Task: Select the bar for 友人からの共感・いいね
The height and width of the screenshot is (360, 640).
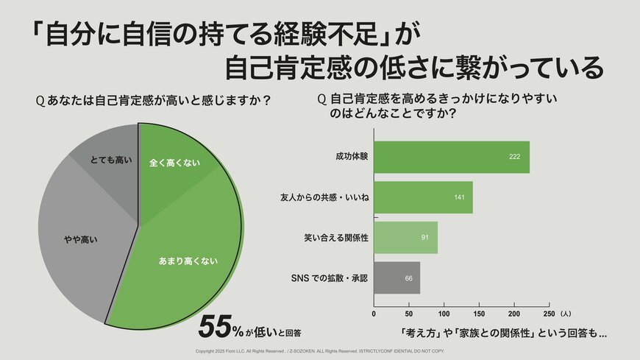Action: click(x=423, y=197)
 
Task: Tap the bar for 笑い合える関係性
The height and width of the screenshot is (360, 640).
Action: click(x=405, y=238)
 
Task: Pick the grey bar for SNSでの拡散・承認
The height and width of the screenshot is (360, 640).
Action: click(x=397, y=278)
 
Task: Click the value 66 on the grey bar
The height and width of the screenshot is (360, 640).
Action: click(x=409, y=279)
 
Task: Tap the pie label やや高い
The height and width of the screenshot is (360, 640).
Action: click(x=77, y=239)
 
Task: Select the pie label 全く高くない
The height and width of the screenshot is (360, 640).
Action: click(x=174, y=162)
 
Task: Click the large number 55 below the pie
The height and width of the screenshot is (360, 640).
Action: click(x=216, y=326)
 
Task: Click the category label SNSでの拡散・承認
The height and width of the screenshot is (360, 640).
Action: click(x=329, y=278)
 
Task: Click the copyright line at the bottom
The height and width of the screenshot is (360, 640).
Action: click(x=320, y=351)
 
